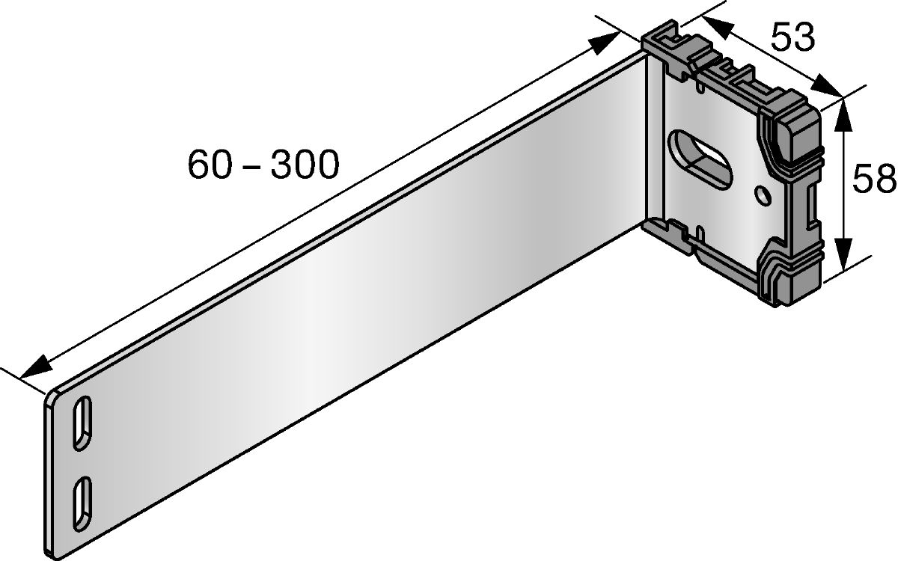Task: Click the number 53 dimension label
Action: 792,37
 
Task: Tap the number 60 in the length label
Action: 210,165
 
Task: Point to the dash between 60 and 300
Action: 251,166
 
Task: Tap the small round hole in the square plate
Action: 762,195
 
